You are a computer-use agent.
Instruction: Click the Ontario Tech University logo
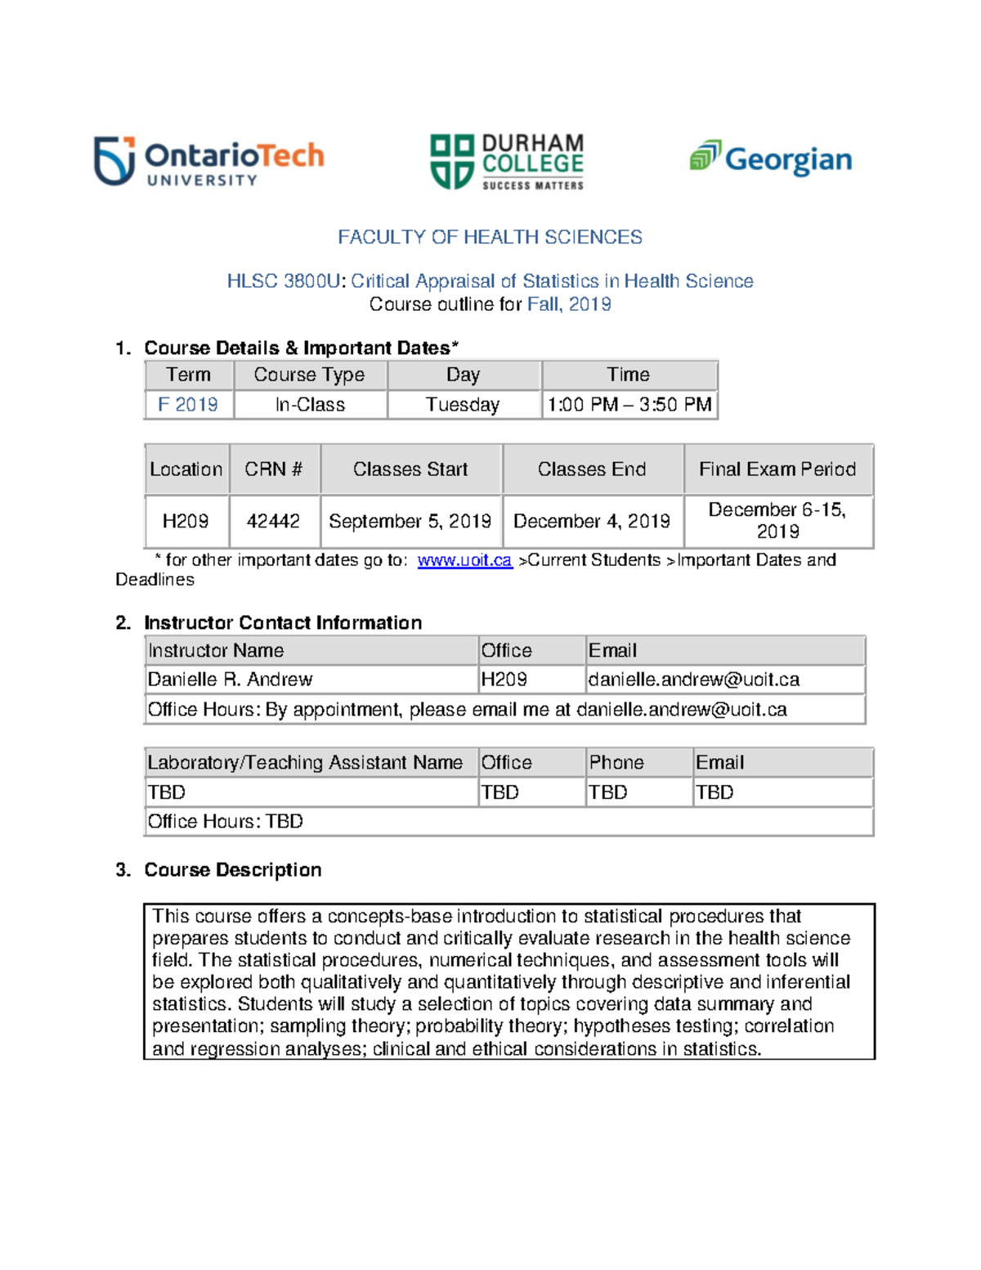click(209, 161)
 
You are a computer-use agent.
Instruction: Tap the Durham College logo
click(507, 162)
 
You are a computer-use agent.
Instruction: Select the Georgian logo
click(771, 158)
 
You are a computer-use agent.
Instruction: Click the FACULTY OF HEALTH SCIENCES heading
click(490, 237)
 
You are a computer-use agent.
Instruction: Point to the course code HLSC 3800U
click(283, 281)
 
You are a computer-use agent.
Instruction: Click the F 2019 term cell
click(188, 405)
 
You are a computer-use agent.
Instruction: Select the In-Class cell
click(310, 405)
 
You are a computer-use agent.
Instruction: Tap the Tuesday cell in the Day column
click(463, 405)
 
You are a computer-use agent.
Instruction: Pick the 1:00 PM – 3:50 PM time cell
click(629, 405)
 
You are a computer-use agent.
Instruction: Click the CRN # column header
click(274, 469)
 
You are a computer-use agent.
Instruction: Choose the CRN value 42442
click(273, 521)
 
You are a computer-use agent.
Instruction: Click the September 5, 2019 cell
click(410, 521)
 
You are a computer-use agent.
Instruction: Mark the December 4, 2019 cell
click(592, 521)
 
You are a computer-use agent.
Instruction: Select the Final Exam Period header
click(777, 469)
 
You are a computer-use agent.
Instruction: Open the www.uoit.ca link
click(464, 560)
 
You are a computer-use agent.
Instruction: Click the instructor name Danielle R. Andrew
click(230, 680)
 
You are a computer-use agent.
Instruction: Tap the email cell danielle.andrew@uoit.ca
click(694, 680)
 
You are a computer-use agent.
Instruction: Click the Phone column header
click(616, 762)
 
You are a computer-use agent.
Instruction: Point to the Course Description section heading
click(233, 869)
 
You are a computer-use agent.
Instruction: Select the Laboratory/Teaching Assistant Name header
click(305, 762)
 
